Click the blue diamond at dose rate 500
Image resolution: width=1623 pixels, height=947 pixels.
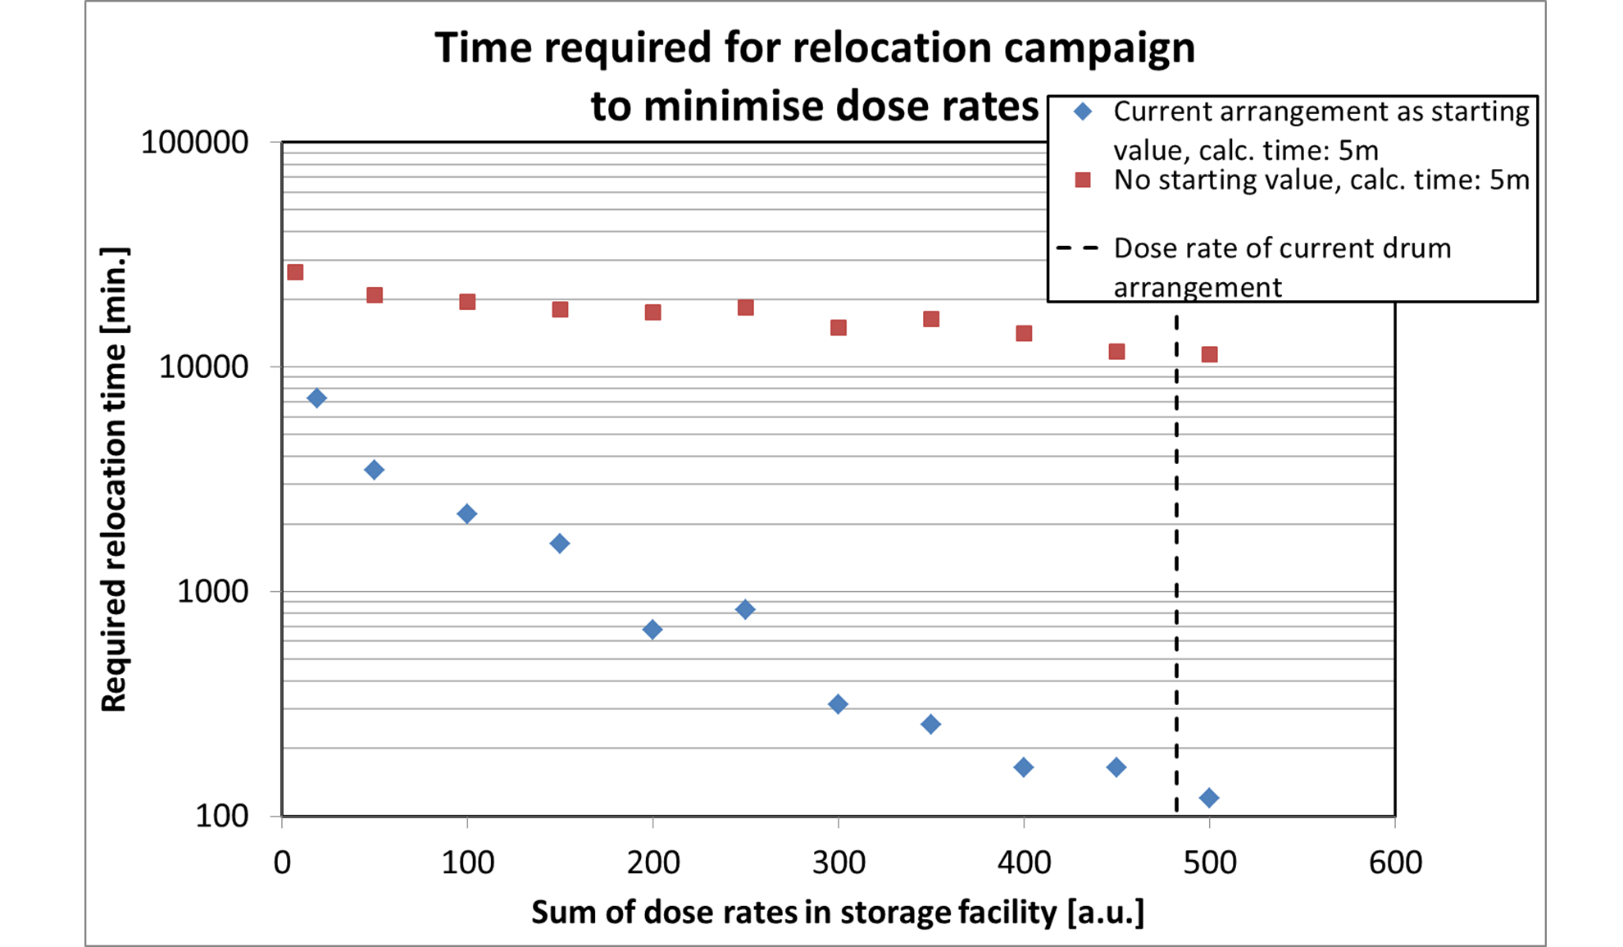(1208, 797)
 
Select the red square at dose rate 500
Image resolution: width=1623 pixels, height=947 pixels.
(1209, 354)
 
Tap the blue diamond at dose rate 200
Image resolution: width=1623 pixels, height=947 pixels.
(652, 629)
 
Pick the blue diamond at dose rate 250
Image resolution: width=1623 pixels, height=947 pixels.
(745, 609)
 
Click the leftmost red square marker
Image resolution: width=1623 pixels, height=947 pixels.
(295, 272)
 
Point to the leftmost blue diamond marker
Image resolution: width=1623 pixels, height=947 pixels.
(316, 398)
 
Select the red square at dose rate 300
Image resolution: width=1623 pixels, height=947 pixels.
(838, 328)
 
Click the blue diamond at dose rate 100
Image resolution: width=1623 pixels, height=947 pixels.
(466, 514)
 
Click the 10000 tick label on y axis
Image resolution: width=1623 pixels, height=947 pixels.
(202, 367)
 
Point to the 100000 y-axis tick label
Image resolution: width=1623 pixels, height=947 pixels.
(194, 142)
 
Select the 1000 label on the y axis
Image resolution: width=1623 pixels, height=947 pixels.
(211, 591)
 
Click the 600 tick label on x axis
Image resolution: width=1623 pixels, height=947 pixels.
(1395, 863)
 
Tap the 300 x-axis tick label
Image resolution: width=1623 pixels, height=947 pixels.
(838, 863)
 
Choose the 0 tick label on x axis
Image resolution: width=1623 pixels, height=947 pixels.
(282, 863)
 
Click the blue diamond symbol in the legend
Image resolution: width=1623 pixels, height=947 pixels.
(1083, 112)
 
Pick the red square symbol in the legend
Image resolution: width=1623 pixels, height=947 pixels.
(1083, 180)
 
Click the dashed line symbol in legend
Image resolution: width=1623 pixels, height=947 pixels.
(1078, 248)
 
